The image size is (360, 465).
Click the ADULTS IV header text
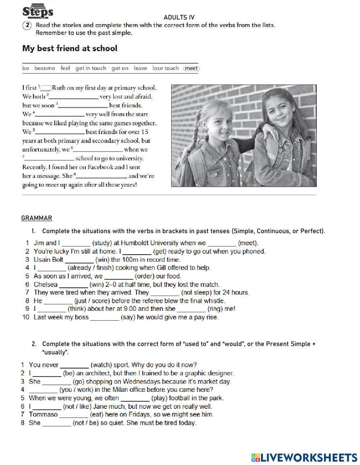(x=179, y=17)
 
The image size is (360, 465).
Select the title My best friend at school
(x=69, y=48)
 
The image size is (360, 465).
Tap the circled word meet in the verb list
(x=191, y=68)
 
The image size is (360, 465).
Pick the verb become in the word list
(x=45, y=68)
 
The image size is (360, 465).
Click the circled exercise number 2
(x=28, y=25)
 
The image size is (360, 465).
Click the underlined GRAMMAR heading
(x=36, y=218)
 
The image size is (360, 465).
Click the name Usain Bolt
(x=48, y=260)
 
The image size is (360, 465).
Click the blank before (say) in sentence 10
(x=104, y=318)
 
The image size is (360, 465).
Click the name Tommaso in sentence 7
(x=44, y=415)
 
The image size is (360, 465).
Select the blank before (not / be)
(x=57, y=423)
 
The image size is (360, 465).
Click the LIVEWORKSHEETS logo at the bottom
(x=304, y=457)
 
